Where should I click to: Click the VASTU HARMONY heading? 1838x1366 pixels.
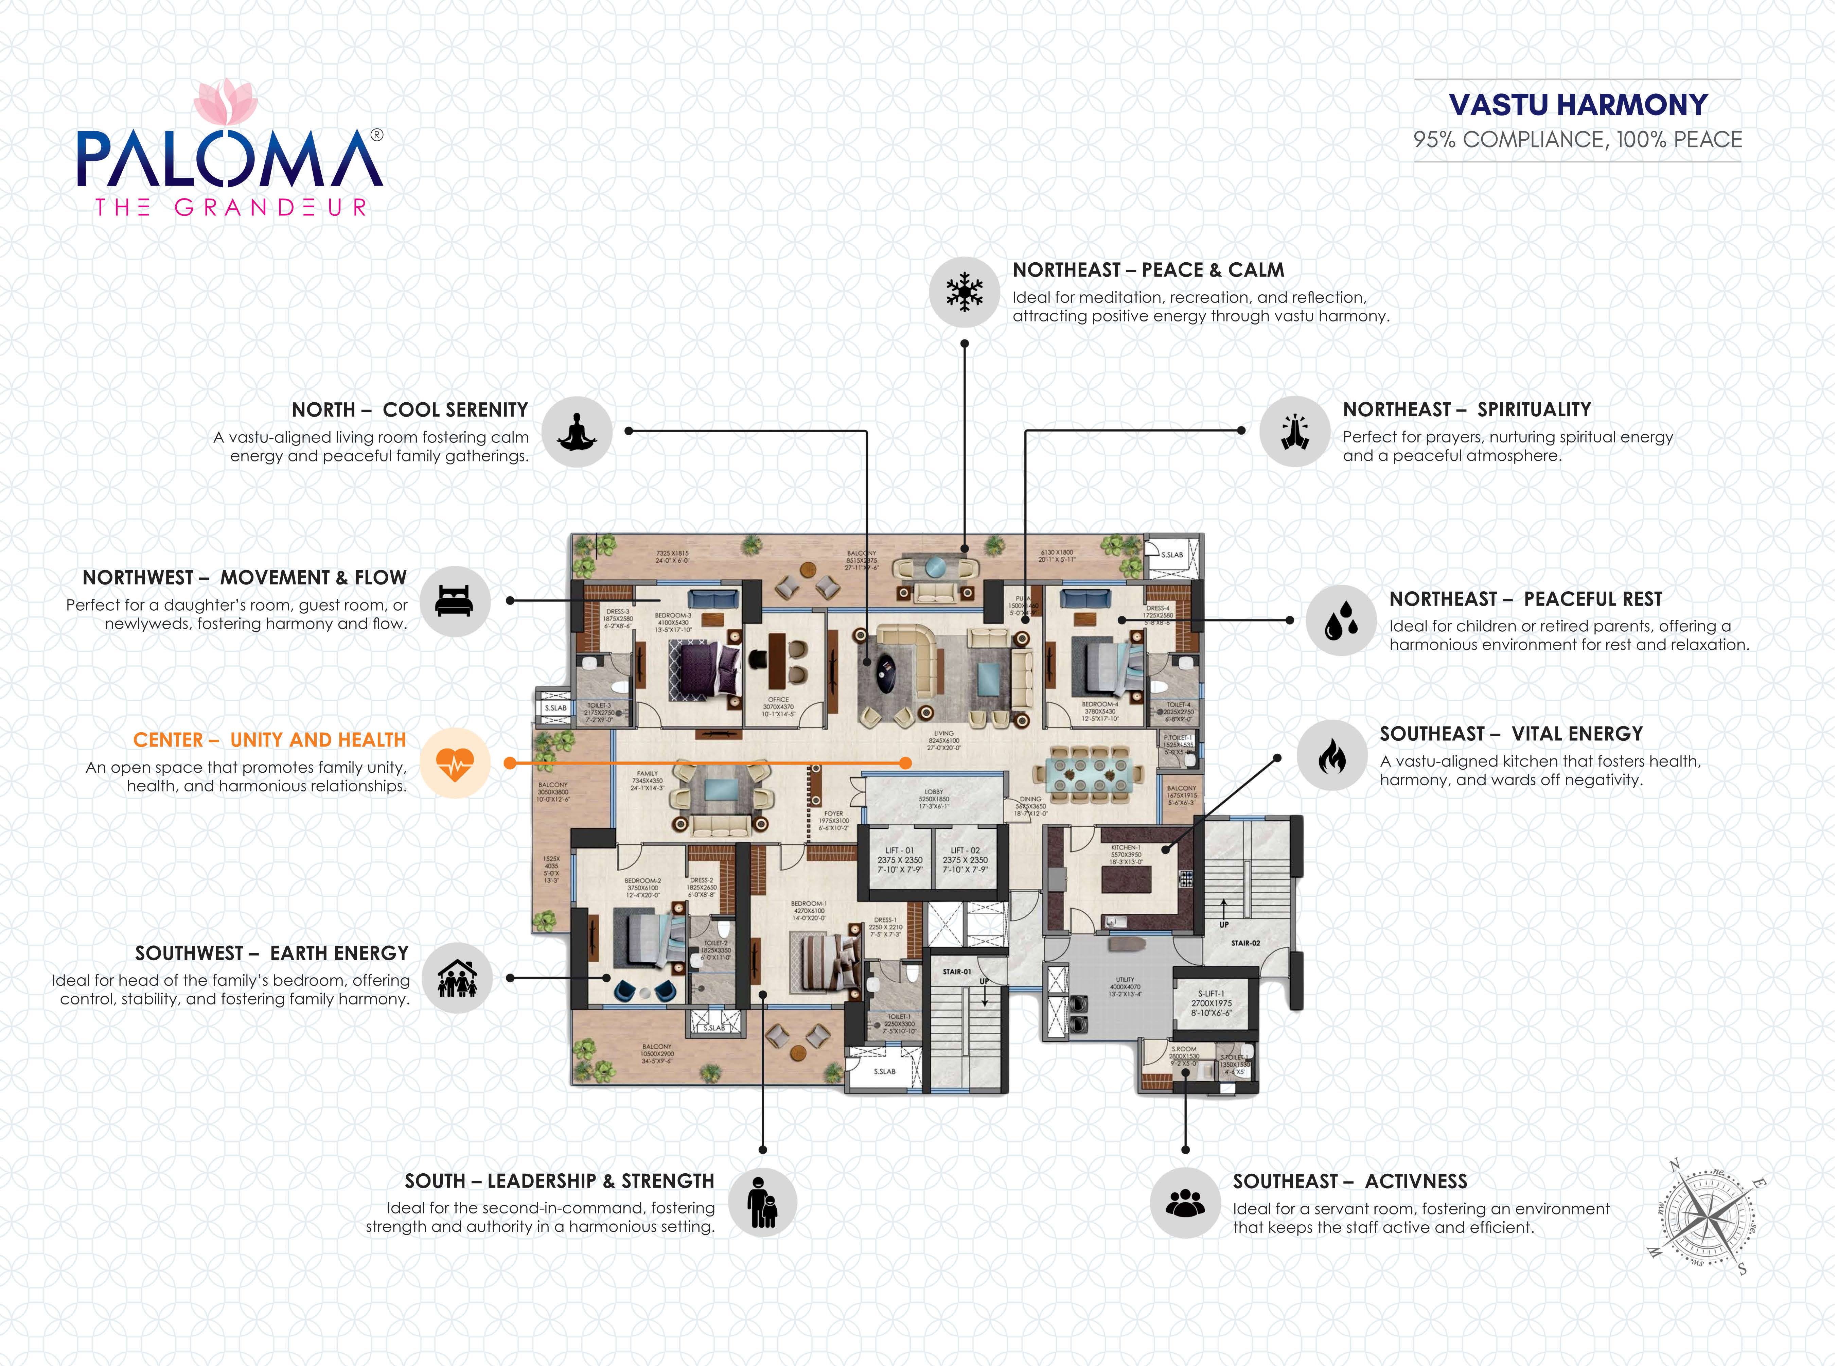1577,105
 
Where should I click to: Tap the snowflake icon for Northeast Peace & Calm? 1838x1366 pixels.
964,292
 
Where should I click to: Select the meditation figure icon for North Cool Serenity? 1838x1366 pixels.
577,432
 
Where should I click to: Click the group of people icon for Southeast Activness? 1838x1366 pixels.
1186,1203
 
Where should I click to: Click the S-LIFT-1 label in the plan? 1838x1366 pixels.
1211,994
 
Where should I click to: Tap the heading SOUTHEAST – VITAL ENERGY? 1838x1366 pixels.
1510,734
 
